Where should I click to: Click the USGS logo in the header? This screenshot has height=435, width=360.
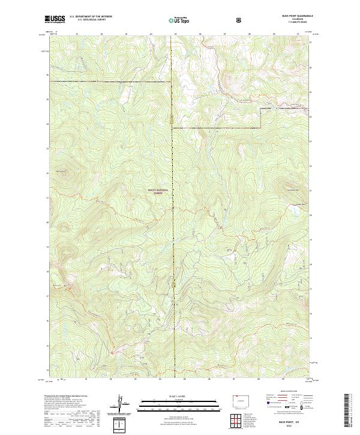pyautogui.click(x=55, y=19)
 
